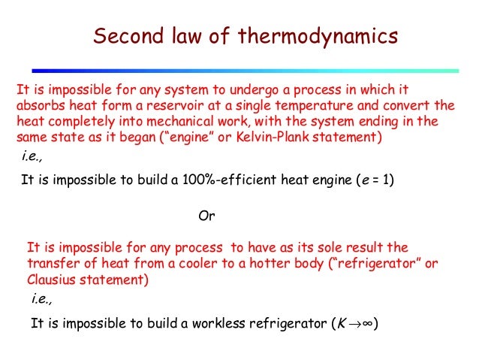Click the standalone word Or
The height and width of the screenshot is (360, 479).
click(x=206, y=216)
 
